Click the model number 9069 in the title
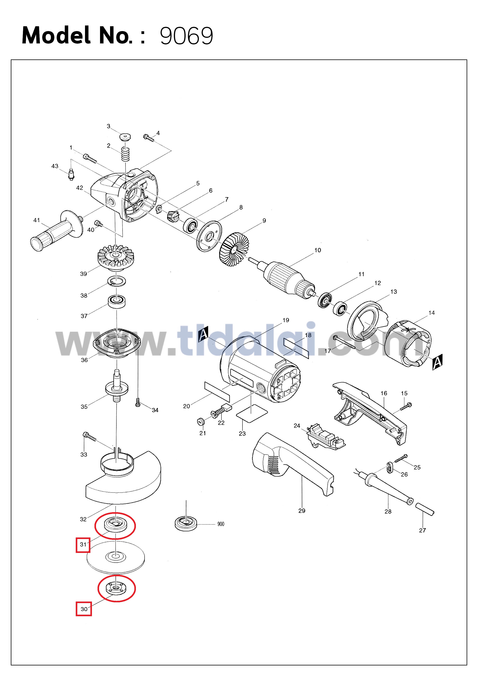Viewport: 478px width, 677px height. pyautogui.click(x=186, y=36)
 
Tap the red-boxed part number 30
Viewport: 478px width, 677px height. pyautogui.click(x=84, y=609)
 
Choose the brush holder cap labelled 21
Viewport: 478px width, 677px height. pyautogui.click(x=201, y=421)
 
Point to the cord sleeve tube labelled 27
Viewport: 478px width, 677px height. pyautogui.click(x=425, y=509)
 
